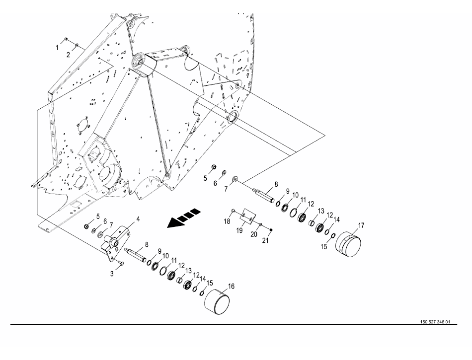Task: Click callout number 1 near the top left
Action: (57, 47)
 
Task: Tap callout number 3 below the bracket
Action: (112, 273)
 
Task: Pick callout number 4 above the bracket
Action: (138, 219)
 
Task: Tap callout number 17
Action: (361, 225)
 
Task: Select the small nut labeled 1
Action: (66, 39)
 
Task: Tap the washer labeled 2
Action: (77, 46)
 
